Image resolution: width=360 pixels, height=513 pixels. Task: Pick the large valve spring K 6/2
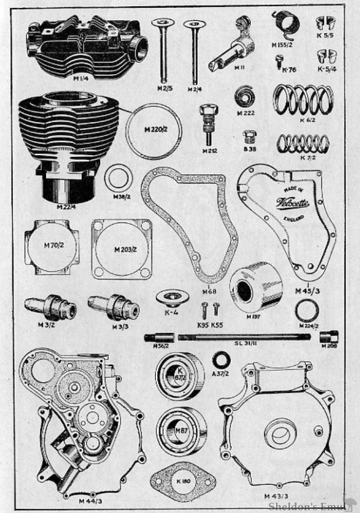(303, 99)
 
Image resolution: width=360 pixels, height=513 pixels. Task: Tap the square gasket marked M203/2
(121, 249)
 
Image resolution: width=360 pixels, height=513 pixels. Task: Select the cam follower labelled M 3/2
(50, 308)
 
